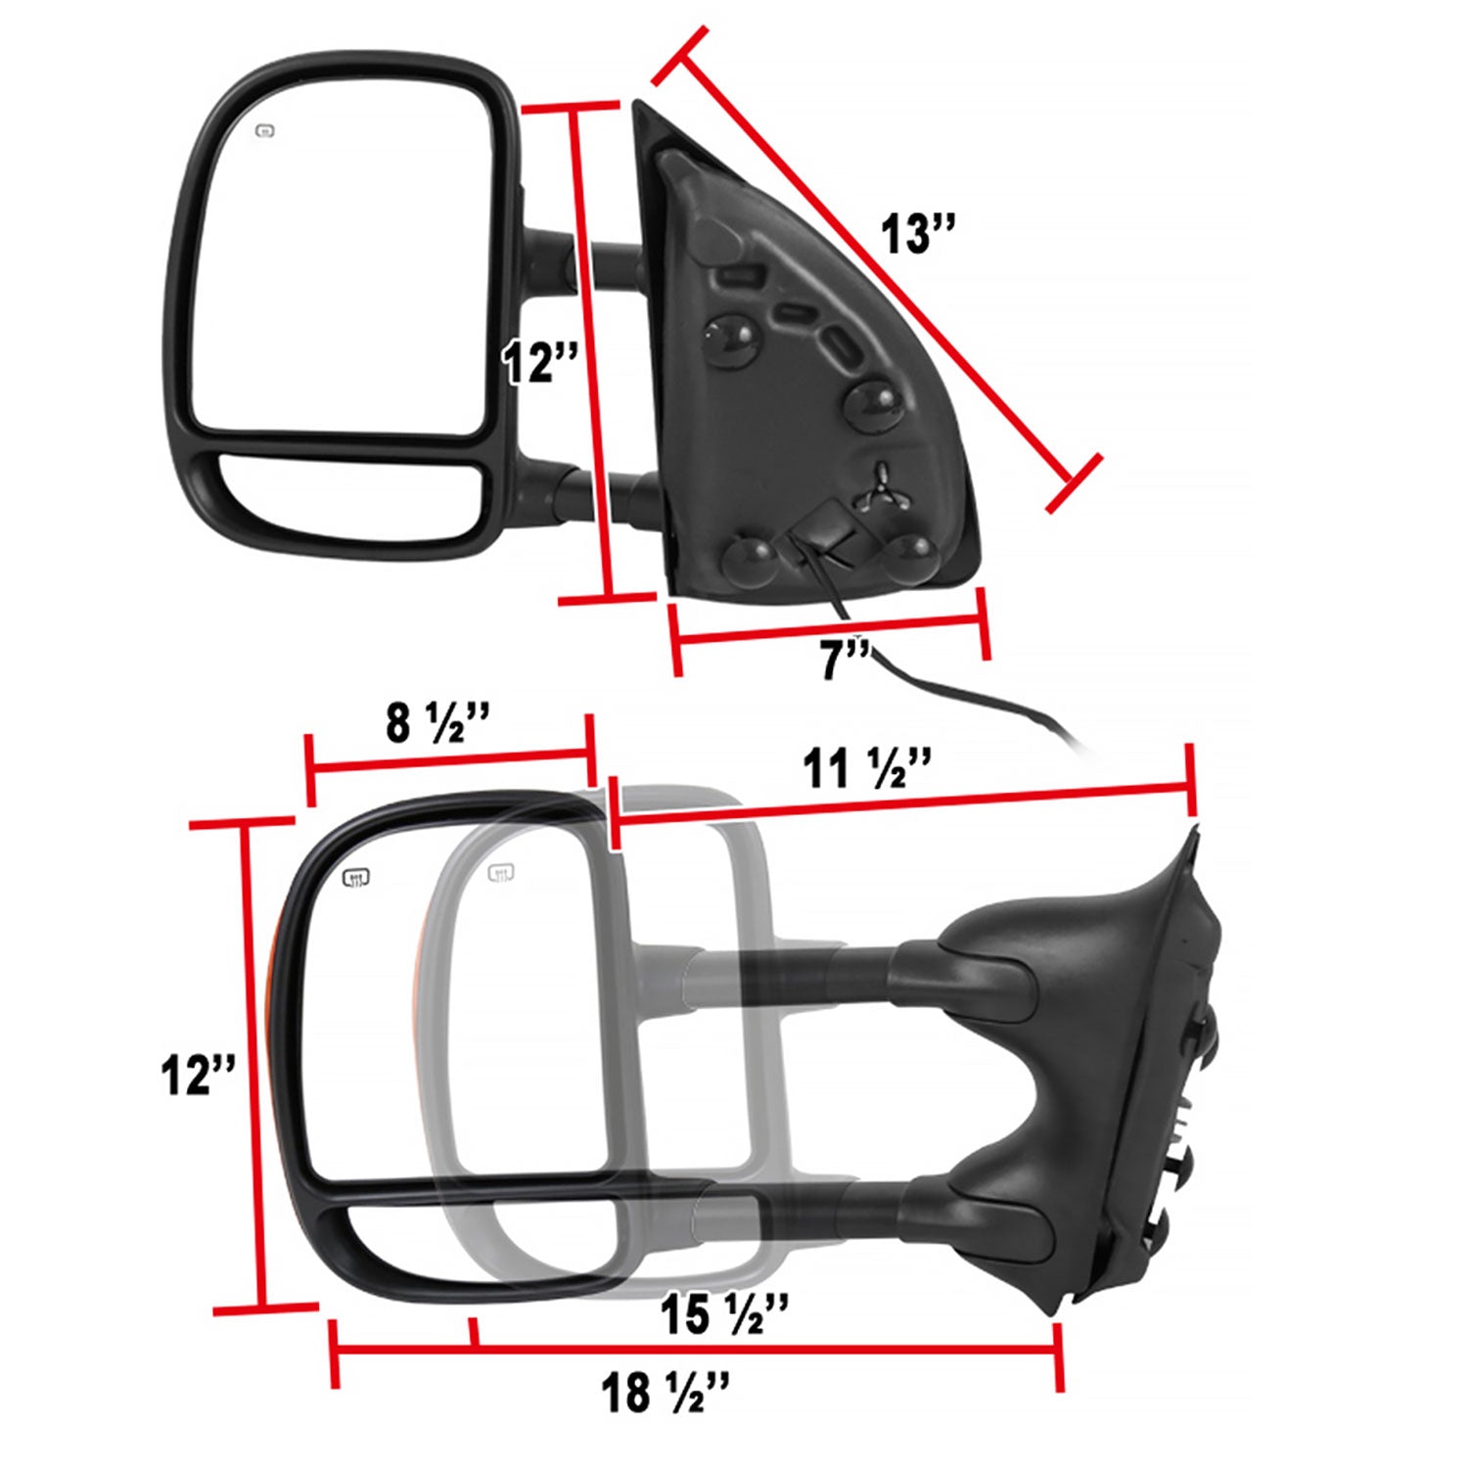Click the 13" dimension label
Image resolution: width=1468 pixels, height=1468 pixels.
916,235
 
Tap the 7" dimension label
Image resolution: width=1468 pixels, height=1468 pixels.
844,660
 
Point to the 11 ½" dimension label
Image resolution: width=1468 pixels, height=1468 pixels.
867,769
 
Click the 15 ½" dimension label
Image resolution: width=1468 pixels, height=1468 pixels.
724,1314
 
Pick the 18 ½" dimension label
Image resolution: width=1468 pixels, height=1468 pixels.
665,1392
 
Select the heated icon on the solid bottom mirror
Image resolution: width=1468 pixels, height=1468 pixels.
356,877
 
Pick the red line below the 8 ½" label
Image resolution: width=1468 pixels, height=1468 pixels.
450,758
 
